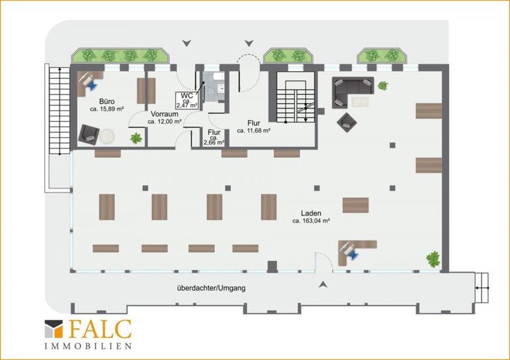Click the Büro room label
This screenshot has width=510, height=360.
107,101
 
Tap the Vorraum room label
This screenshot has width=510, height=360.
164,114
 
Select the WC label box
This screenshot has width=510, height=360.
186,100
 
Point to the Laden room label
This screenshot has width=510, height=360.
311,213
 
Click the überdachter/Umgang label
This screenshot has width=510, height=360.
211,288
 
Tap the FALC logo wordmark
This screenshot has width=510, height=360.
100,330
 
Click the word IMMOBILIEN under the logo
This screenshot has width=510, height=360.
88,346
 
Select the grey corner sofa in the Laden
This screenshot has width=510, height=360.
352,92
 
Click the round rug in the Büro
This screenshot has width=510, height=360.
107,136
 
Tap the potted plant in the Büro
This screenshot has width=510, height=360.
136,138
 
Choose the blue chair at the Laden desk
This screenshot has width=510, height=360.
352,255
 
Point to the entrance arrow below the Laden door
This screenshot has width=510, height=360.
323,285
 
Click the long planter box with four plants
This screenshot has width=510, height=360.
121,55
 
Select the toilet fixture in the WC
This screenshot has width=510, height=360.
218,76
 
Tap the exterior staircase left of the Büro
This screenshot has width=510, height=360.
60,109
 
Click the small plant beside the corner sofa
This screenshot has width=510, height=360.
383,86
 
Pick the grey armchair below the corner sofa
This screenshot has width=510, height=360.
347,123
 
